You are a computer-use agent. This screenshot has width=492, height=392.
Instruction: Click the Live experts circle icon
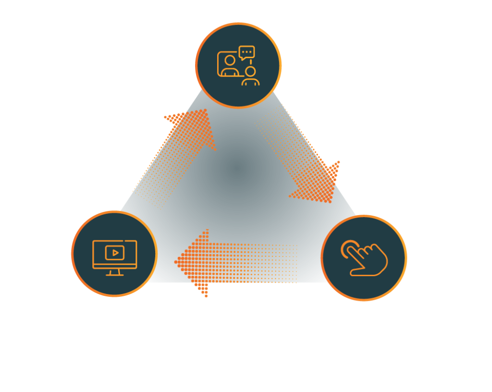[x=238, y=65]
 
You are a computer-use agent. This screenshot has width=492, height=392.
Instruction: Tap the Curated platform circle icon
[x=114, y=253]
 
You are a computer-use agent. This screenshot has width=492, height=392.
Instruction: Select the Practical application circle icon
[x=364, y=258]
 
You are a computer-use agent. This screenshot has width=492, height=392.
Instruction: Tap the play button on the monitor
[x=115, y=252]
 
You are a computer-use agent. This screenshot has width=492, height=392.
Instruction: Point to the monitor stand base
[x=114, y=274]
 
